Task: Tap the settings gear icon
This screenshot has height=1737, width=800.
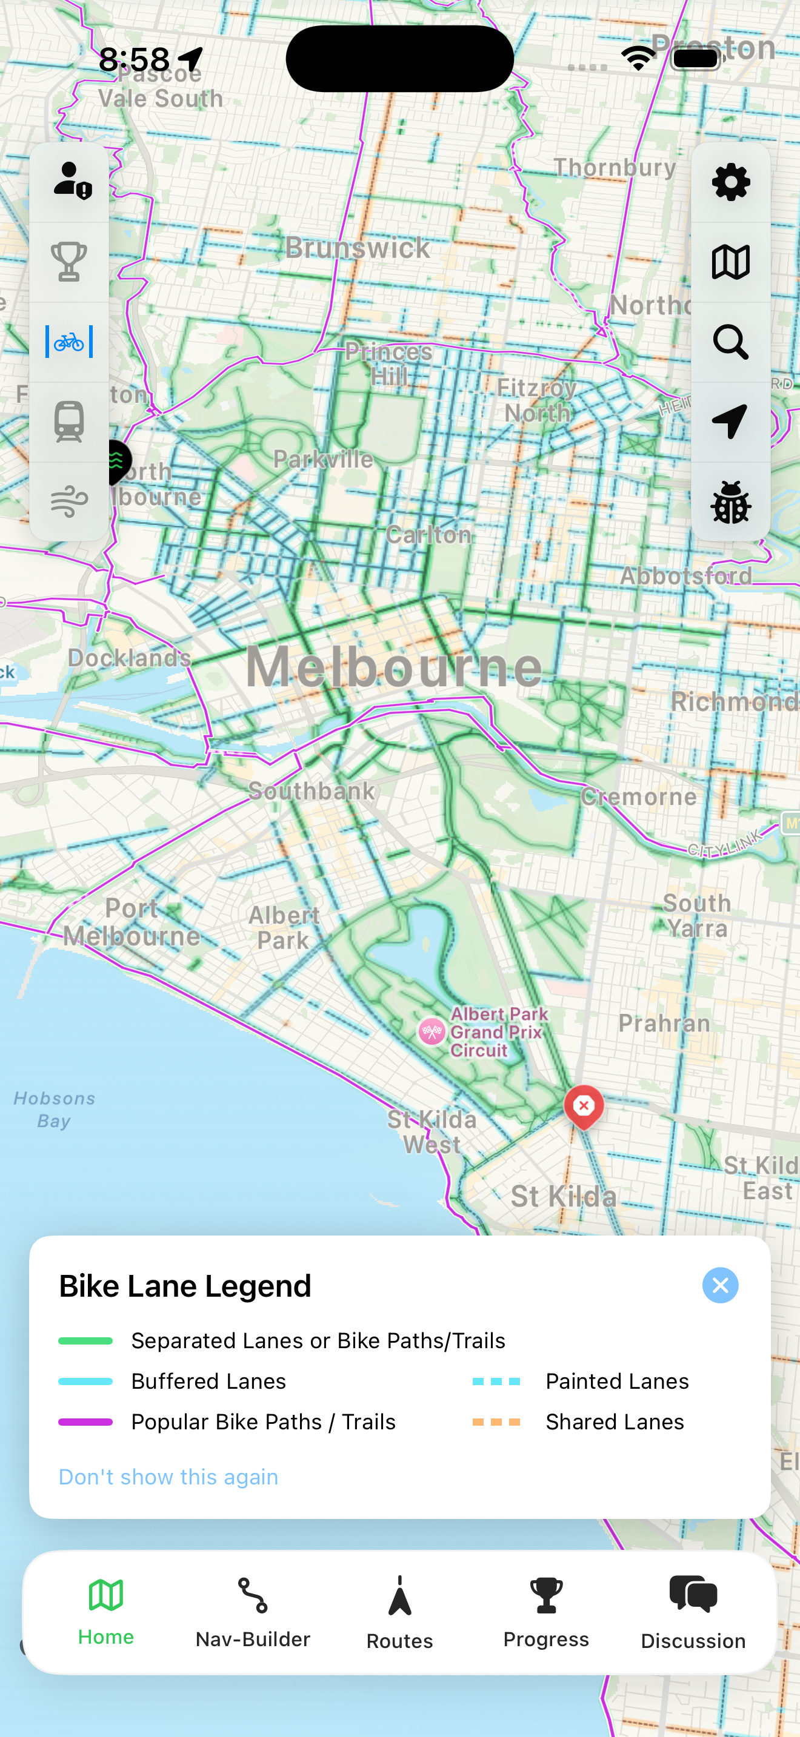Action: [730, 182]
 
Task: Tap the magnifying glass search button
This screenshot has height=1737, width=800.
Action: [730, 342]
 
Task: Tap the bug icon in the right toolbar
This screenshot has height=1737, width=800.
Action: [730, 502]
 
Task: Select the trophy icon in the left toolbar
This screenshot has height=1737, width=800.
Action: [69, 262]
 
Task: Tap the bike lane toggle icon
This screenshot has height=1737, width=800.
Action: [69, 342]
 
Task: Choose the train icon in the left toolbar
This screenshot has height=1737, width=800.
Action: [69, 422]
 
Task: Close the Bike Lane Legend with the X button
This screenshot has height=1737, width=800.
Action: [720, 1285]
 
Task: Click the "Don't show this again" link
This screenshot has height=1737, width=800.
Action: [168, 1477]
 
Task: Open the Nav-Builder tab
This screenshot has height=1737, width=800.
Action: [253, 1613]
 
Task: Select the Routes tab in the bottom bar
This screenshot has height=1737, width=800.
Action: [399, 1613]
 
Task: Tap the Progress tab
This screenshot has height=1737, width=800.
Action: [545, 1613]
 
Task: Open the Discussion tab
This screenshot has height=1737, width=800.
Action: [693, 1613]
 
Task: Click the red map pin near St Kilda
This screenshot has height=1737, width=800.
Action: [584, 1105]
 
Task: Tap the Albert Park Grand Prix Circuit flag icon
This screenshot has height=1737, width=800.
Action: [432, 1031]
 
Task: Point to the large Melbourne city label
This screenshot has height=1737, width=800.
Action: [394, 667]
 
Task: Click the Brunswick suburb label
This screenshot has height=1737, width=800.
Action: [358, 248]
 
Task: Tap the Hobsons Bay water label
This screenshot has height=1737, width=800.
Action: [54, 1109]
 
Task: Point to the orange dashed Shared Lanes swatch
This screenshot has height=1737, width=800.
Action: [496, 1422]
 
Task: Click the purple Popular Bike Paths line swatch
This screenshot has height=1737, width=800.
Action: [85, 1422]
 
